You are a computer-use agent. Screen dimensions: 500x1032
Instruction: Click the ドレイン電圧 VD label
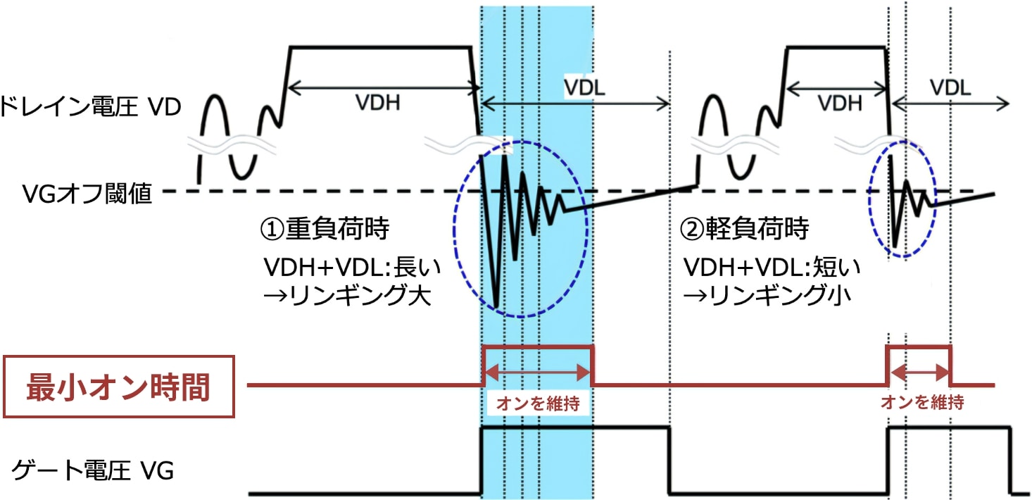[x=90, y=108]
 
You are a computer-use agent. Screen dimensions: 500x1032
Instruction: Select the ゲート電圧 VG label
[x=92, y=470]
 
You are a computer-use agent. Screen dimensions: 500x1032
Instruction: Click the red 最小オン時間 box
[x=119, y=387]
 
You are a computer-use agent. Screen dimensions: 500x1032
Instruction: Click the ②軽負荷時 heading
[x=744, y=230]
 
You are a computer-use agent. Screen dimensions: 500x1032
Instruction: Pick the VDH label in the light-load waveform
[x=839, y=103]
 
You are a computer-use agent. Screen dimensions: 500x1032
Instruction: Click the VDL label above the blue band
[x=585, y=87]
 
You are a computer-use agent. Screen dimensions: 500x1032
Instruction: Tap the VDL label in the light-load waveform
[x=950, y=87]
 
